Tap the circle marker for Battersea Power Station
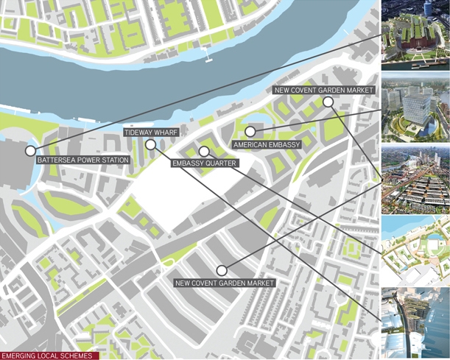click(30, 151)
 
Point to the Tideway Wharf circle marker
click(150, 145)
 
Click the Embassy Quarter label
click(205, 163)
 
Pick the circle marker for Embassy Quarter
click(203, 151)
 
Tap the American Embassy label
click(266, 145)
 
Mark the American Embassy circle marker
click(250, 132)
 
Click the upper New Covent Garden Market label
click(323, 90)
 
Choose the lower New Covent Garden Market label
click(225, 283)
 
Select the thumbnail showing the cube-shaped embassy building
click(415, 106)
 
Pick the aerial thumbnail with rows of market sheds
click(415, 177)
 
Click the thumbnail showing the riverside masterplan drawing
click(415, 250)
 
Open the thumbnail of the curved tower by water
click(415, 322)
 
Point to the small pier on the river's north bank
click(210, 58)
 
